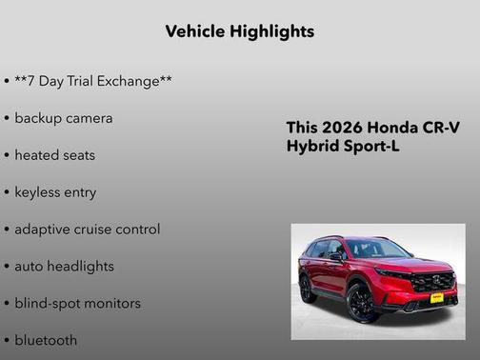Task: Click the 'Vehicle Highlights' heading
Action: pyautogui.click(x=239, y=31)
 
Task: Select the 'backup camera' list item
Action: pyautogui.click(x=63, y=118)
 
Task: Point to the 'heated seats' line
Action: pyautogui.click(x=54, y=155)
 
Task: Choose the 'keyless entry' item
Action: pyautogui.click(x=55, y=192)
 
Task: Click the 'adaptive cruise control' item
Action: pyautogui.click(x=87, y=230)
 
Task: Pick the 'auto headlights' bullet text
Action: pyautogui.click(x=64, y=267)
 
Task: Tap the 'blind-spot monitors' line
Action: pyautogui.click(x=77, y=304)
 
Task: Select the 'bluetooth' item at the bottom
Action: pyautogui.click(x=46, y=340)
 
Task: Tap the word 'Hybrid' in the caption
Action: pyautogui.click(x=312, y=147)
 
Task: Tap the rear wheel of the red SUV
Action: pyautogui.click(x=308, y=287)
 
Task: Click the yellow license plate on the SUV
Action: pyautogui.click(x=437, y=297)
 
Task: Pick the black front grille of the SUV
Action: pyautogui.click(x=431, y=282)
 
